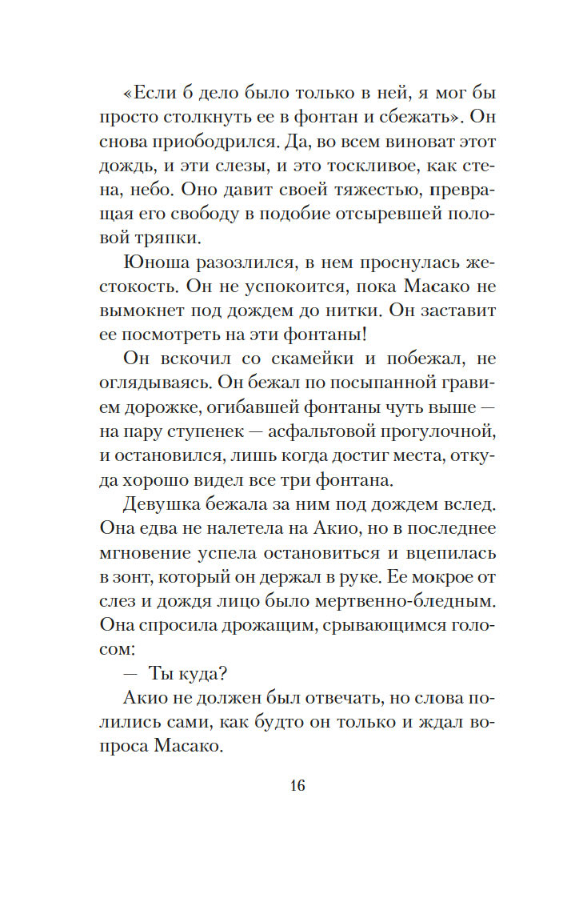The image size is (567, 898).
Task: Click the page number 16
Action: point(297,785)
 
